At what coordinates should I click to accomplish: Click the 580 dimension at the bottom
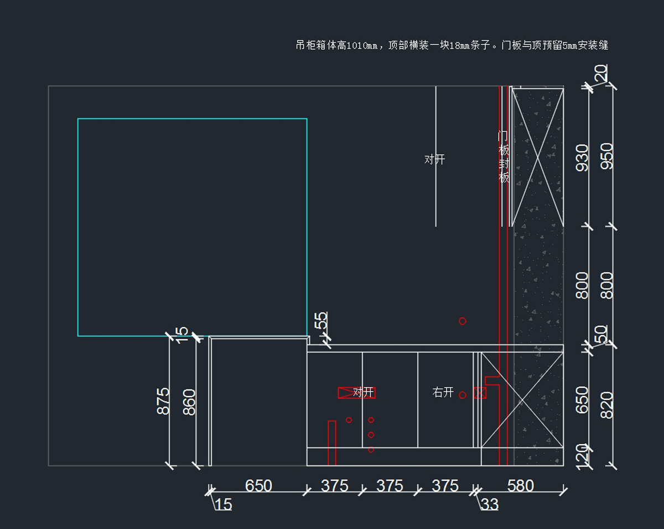coord(520,486)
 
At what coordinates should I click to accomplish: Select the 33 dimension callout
coord(490,504)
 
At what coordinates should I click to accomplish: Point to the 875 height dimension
coord(163,400)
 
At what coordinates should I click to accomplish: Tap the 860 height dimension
coord(189,402)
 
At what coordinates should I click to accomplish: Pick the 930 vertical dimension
coord(583,157)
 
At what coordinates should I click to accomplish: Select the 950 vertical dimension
coord(607,156)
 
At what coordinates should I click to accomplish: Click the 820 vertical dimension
coord(607,405)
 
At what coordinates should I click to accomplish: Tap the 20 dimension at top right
coord(601,73)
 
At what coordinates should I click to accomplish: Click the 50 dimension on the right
coord(601,335)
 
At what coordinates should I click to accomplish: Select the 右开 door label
coord(443,393)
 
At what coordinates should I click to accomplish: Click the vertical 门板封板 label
coord(504,157)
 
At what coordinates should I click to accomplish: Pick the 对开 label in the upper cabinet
coord(435,160)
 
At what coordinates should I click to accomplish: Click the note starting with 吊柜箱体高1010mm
coord(452,45)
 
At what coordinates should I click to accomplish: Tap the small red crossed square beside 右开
coord(480,393)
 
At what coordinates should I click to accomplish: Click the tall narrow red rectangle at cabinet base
coord(332,443)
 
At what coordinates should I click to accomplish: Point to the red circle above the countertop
coord(463,321)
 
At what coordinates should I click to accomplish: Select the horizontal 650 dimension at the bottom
coord(258,486)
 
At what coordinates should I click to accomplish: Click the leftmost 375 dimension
coord(335,486)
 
